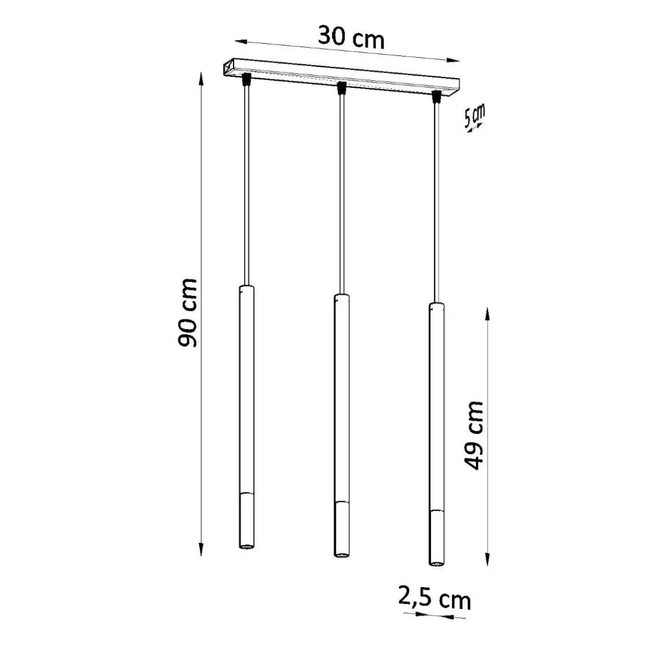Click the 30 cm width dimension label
[x=351, y=37]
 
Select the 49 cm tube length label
[x=474, y=435]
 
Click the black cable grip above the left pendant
[x=246, y=80]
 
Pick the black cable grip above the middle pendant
[x=341, y=88]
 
